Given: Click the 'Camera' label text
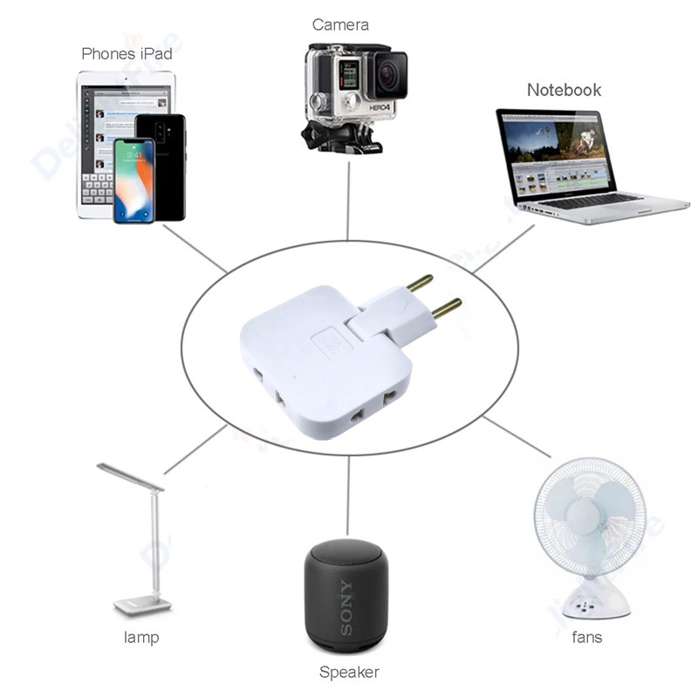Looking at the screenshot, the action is (340, 25).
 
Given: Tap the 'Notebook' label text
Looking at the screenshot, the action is (564, 90).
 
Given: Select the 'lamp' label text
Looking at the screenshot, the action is (141, 637).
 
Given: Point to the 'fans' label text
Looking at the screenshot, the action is (586, 637).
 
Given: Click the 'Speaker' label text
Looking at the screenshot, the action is (350, 672).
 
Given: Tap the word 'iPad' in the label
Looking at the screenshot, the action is (156, 54).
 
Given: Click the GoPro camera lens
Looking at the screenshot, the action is (388, 74).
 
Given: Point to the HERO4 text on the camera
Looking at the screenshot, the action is (380, 108).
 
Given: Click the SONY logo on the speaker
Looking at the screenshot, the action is (346, 606).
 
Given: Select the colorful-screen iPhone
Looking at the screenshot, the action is (134, 181).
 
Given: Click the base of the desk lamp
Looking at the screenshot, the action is (142, 606).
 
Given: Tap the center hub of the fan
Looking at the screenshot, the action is (582, 517).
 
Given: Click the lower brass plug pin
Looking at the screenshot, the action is (447, 308).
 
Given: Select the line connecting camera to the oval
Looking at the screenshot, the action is (348, 201).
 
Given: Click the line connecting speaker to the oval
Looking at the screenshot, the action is (348, 496).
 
